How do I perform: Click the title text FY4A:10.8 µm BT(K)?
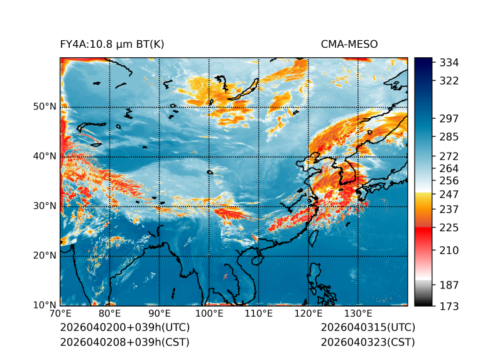pos(112,44)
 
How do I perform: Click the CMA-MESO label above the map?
pos(349,44)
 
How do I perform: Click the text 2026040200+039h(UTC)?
pos(124,328)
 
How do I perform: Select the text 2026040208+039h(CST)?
pos(124,342)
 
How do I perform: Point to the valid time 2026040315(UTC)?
pos(368,328)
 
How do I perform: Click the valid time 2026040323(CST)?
pos(368,342)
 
